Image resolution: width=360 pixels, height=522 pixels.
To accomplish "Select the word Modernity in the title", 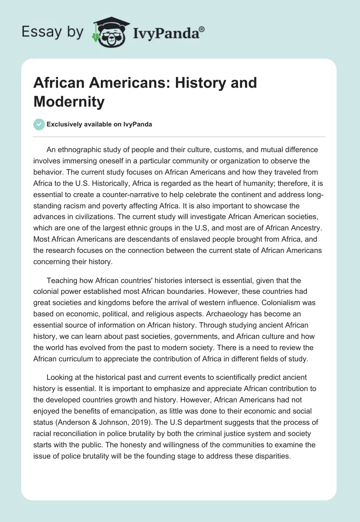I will point(69,102).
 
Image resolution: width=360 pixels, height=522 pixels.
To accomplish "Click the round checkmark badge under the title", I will point(39,124).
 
